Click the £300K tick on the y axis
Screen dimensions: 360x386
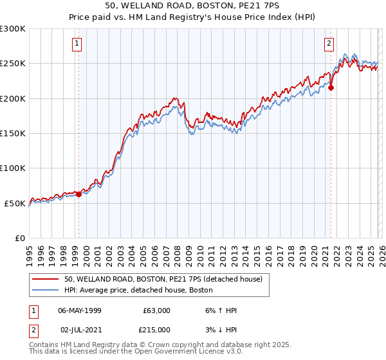13,29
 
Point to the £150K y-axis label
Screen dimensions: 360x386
13,133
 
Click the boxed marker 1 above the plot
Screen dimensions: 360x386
77,44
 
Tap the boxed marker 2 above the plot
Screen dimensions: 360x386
329,44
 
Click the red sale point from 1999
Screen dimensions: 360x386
78,194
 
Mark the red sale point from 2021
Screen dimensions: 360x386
331,88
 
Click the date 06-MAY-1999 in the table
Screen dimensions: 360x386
79,310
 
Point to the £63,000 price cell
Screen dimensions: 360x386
156,310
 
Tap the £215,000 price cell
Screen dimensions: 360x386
156,328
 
